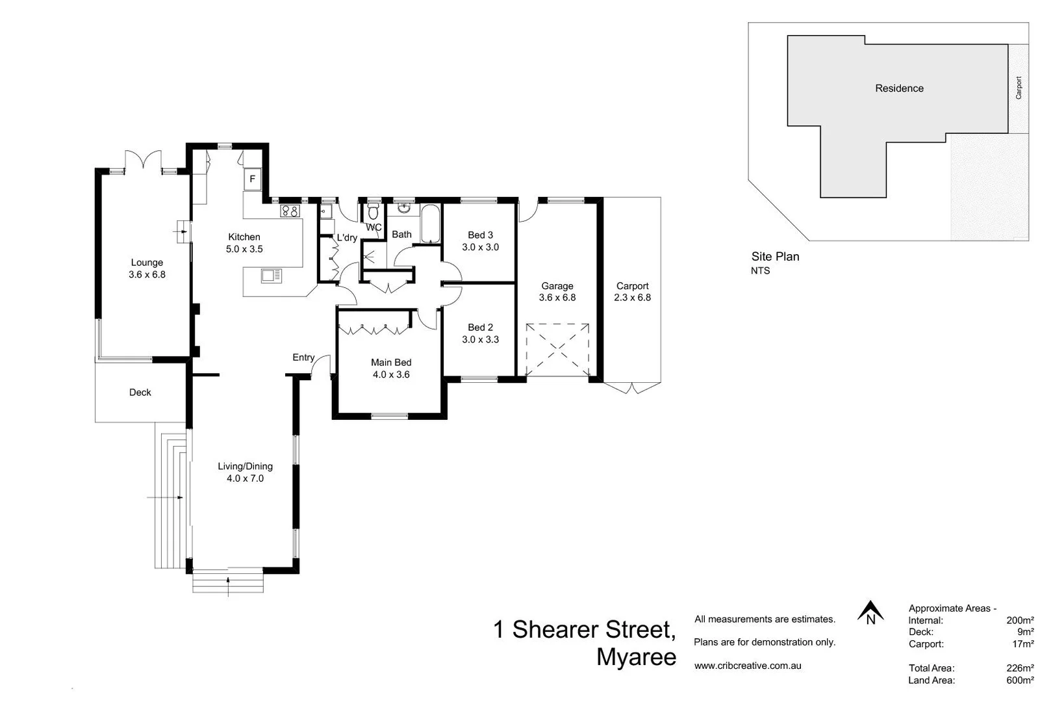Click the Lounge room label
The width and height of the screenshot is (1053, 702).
coord(147,263)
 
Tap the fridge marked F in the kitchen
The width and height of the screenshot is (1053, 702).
coord(252,179)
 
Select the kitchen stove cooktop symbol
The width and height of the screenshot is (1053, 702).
coord(290,211)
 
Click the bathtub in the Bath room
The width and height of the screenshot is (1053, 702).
coord(430,224)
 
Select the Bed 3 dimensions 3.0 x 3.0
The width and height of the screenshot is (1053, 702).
coord(480,247)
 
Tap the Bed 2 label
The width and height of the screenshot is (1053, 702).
coord(480,328)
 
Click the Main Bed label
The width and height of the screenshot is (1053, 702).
coord(391,363)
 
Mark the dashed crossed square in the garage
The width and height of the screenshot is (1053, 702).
coord(557,350)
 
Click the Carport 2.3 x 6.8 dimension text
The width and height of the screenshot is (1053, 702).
coord(632,298)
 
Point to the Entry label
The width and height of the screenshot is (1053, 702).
coord(303,357)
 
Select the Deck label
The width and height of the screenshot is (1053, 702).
coord(140,393)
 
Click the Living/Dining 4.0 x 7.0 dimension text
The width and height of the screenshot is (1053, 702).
coord(245,478)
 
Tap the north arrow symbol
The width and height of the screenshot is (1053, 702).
coord(870,612)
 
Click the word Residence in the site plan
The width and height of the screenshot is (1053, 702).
coord(899,88)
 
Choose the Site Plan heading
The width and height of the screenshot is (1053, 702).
coord(775,257)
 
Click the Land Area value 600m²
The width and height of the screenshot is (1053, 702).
coord(1020,681)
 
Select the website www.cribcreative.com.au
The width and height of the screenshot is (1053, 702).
coord(748,666)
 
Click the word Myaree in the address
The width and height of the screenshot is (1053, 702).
coord(636,657)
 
